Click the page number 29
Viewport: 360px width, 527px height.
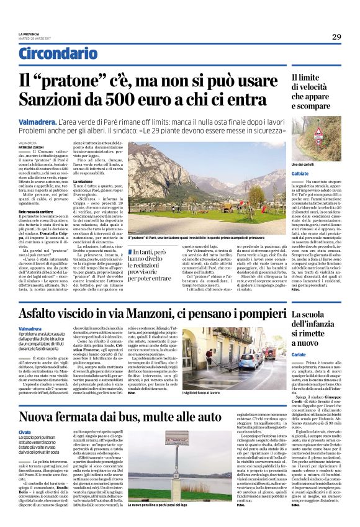pos(336,37)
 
